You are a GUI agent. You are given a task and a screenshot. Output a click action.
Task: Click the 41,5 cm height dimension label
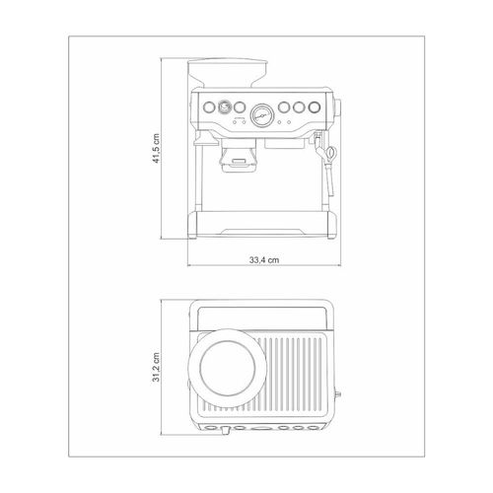(156, 148)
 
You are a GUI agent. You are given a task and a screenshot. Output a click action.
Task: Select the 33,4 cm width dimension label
(264, 260)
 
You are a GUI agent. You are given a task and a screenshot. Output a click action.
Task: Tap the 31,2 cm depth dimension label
(156, 367)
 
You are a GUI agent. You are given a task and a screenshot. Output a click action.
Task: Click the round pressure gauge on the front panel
(262, 115)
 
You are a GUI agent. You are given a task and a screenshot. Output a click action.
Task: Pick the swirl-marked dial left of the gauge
(224, 106)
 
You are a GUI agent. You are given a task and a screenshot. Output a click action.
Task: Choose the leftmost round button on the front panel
(209, 106)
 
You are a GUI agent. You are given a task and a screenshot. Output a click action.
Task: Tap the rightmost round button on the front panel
(315, 107)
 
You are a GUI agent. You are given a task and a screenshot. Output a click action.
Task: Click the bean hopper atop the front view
(228, 73)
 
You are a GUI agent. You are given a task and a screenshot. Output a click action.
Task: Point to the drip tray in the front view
(262, 224)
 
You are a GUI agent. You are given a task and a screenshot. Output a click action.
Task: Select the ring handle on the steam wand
(331, 152)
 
